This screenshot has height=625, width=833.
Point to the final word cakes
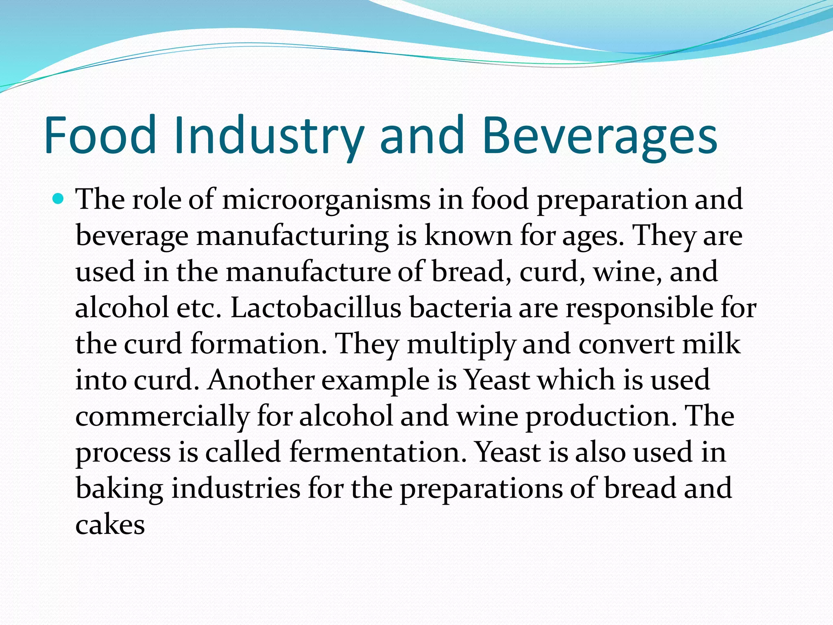coord(110,524)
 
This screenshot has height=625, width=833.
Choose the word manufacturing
coord(292,236)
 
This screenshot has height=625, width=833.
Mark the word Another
coord(260,380)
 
